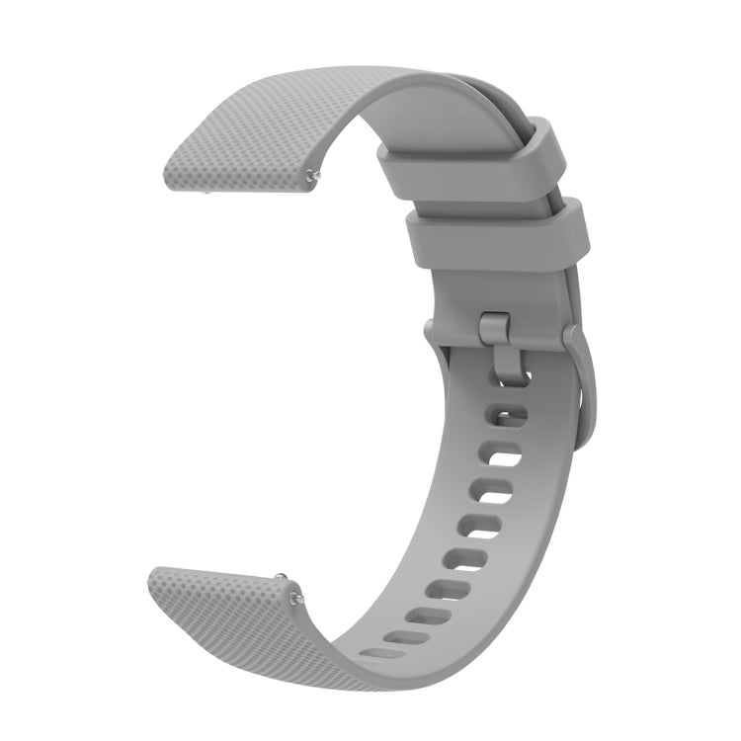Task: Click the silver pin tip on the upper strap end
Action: (x=313, y=177)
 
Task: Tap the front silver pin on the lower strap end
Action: (x=293, y=596)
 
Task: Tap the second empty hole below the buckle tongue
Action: (x=500, y=453)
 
